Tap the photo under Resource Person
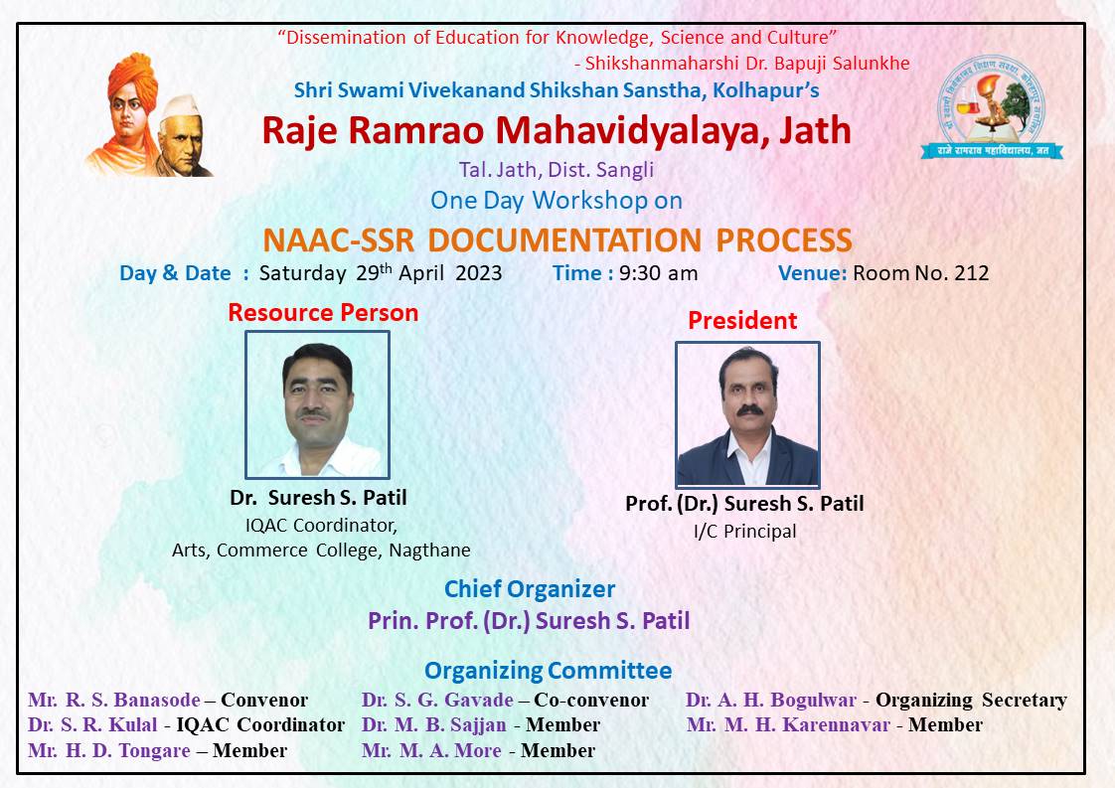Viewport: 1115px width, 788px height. (x=317, y=404)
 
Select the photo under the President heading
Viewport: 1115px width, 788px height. (x=747, y=414)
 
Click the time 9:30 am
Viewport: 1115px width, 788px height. (x=658, y=273)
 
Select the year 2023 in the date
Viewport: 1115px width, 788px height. (x=479, y=273)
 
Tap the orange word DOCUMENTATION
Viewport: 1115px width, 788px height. (x=564, y=240)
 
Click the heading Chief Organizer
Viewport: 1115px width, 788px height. (x=529, y=589)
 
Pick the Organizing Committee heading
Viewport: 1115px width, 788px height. (x=548, y=671)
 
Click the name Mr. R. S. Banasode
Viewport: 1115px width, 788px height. (x=113, y=700)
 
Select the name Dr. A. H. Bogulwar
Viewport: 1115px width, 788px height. (x=771, y=700)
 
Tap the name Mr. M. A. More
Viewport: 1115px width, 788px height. (x=431, y=750)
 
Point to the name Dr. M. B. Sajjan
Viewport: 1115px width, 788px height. (x=433, y=724)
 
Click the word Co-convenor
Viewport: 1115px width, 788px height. (x=591, y=700)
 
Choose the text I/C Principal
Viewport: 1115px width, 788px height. (x=744, y=532)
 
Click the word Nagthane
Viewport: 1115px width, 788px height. (x=429, y=551)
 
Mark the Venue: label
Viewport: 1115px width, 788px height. (x=812, y=273)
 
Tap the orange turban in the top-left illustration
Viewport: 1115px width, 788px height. (x=133, y=79)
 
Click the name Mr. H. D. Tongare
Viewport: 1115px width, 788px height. (x=108, y=750)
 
